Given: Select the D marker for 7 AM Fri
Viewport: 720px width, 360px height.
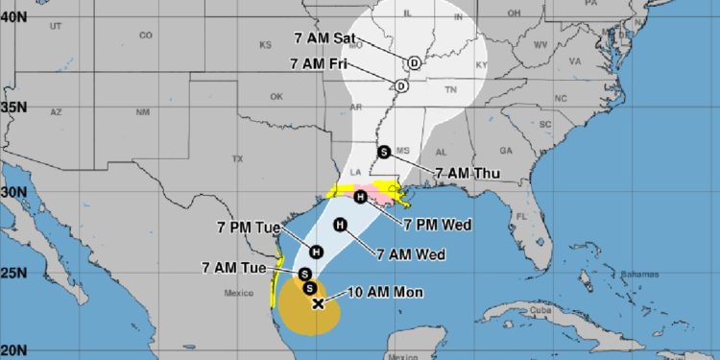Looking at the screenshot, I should pyautogui.click(x=402, y=84).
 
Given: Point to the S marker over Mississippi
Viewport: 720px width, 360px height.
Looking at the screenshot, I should pyautogui.click(x=383, y=151).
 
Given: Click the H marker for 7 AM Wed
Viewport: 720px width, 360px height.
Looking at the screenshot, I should pyautogui.click(x=339, y=225).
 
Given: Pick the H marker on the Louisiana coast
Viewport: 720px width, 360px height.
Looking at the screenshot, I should pyautogui.click(x=359, y=198).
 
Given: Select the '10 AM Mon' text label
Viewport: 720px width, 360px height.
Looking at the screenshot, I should pyautogui.click(x=385, y=291).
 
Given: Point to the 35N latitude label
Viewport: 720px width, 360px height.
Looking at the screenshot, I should pyautogui.click(x=14, y=107).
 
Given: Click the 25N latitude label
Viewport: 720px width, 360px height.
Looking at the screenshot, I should pyautogui.click(x=14, y=276).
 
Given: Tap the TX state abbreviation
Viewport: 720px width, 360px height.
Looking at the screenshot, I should pyautogui.click(x=236, y=157).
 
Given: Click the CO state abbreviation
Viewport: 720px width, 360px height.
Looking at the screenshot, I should pyautogui.click(x=145, y=36).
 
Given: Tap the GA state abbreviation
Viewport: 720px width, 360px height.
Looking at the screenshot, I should pyautogui.click(x=506, y=151).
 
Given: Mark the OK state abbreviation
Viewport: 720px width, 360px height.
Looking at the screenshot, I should pyautogui.click(x=276, y=96).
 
